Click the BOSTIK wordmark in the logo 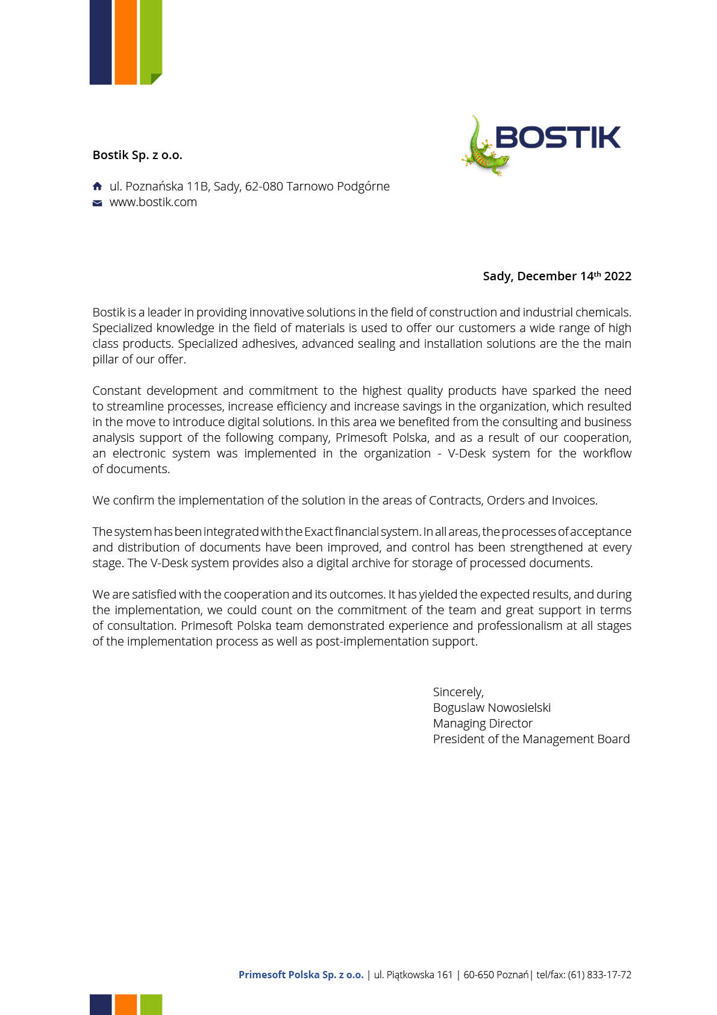point(557,137)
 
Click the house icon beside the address point(97,186)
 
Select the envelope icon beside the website point(97,203)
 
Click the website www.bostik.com point(153,202)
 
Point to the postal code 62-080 point(264,186)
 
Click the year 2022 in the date point(618,276)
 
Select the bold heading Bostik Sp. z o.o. point(137,155)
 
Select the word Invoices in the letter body point(574,500)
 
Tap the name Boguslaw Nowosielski point(492,708)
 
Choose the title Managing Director point(483,723)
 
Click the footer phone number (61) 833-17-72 point(600,975)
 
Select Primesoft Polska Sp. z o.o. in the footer point(301,975)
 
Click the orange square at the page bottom point(125,1004)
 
